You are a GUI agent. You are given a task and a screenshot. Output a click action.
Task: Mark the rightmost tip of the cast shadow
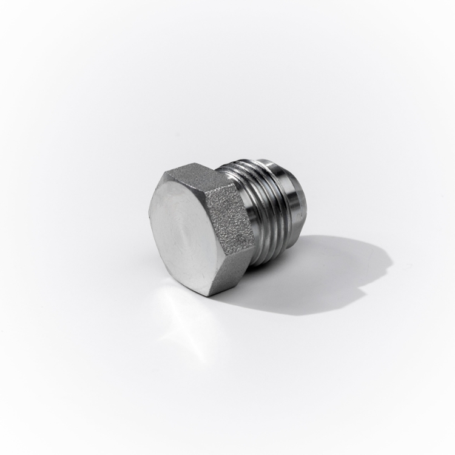392,261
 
